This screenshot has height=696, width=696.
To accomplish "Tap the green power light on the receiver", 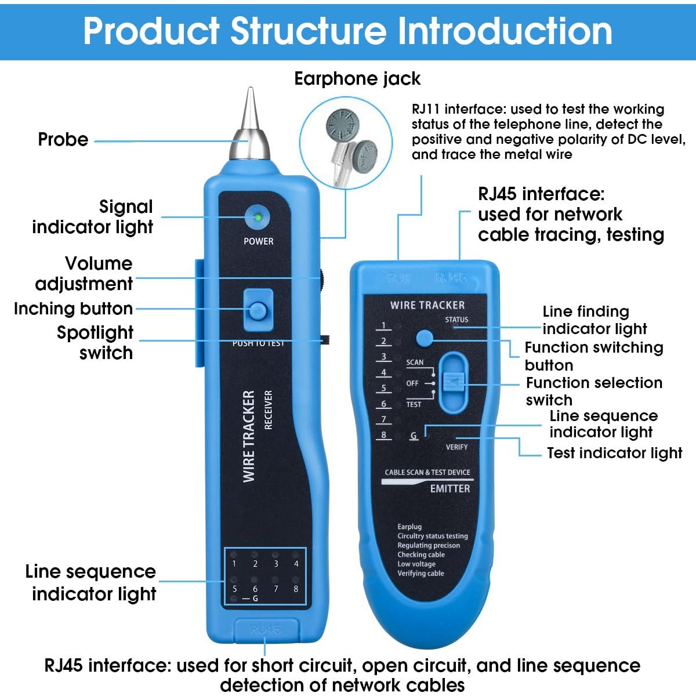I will point(258,219).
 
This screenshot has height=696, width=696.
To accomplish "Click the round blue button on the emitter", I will point(425,338).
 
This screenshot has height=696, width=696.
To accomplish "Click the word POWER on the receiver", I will point(258,241).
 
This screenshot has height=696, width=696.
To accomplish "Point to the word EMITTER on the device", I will point(450,489).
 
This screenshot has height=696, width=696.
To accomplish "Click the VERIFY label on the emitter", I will point(456,447).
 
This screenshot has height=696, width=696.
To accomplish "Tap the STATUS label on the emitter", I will point(456,320).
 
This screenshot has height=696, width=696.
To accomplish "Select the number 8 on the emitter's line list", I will point(383,435).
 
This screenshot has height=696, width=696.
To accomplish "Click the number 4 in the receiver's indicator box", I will point(296,564).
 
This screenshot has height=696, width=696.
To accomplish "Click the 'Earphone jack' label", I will point(357,79).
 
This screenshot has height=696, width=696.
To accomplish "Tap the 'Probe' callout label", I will point(63,140).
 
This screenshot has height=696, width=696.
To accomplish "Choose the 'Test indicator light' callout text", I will point(614,453).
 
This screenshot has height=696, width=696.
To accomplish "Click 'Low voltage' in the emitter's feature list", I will point(416,564).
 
